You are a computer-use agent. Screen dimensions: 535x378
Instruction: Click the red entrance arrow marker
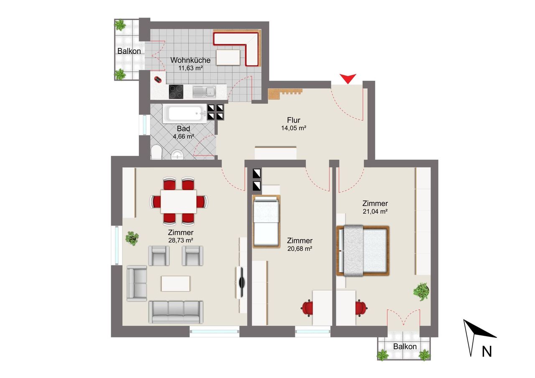(x=348, y=79)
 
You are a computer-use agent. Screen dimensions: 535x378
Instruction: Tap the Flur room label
(x=293, y=120)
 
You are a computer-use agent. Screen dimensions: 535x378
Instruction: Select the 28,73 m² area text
(x=181, y=240)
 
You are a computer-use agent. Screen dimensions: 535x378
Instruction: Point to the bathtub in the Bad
(x=184, y=113)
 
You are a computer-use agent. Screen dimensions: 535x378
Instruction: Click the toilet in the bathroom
(x=156, y=152)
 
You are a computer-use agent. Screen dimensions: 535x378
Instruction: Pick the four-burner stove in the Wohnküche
(x=176, y=91)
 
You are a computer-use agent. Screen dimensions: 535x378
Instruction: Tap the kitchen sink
(x=204, y=92)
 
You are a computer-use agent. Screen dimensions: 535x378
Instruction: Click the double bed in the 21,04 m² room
(x=363, y=251)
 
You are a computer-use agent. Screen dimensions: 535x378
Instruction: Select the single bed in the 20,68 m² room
(x=266, y=221)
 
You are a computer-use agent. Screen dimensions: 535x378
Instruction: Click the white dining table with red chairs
(x=178, y=201)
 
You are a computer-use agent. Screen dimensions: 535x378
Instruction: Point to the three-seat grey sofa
(x=176, y=312)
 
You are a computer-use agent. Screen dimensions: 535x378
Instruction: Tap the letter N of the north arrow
(x=487, y=352)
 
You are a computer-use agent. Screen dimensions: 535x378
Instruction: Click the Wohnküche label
(x=190, y=60)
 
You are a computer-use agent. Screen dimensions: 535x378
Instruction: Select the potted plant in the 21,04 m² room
(x=422, y=292)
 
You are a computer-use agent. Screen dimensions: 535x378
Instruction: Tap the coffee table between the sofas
(x=176, y=284)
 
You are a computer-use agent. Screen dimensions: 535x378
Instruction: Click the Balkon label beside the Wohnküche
(x=129, y=51)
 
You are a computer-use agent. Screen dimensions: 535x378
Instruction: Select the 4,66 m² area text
(x=183, y=137)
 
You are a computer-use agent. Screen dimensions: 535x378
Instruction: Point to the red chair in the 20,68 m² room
(x=308, y=308)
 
